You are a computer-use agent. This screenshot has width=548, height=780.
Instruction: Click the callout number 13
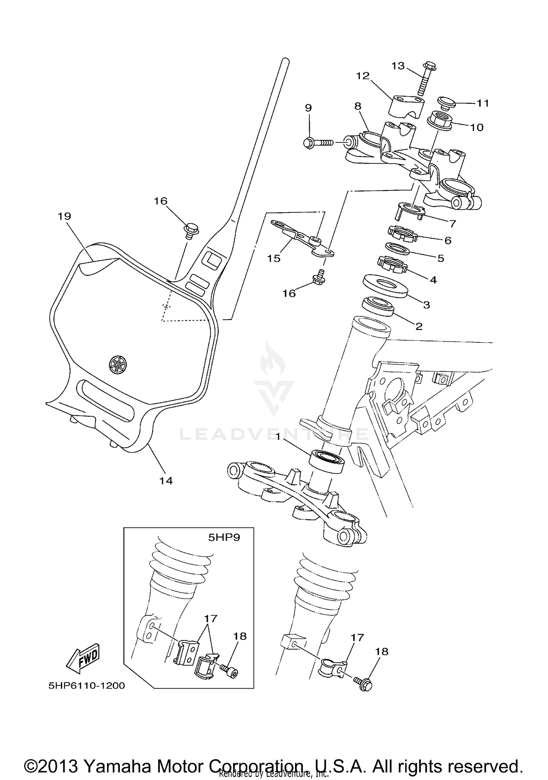click(x=398, y=66)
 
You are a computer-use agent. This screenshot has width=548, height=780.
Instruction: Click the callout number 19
click(x=64, y=216)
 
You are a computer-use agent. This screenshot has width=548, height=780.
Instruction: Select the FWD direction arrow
click(x=83, y=658)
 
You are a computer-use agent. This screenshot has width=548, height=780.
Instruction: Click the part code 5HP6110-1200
click(x=87, y=686)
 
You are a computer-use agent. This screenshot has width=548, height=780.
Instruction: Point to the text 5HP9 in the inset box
click(x=224, y=538)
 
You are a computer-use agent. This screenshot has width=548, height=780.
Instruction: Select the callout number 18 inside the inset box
click(x=240, y=636)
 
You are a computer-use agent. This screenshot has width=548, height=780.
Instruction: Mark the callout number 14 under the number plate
click(x=166, y=481)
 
